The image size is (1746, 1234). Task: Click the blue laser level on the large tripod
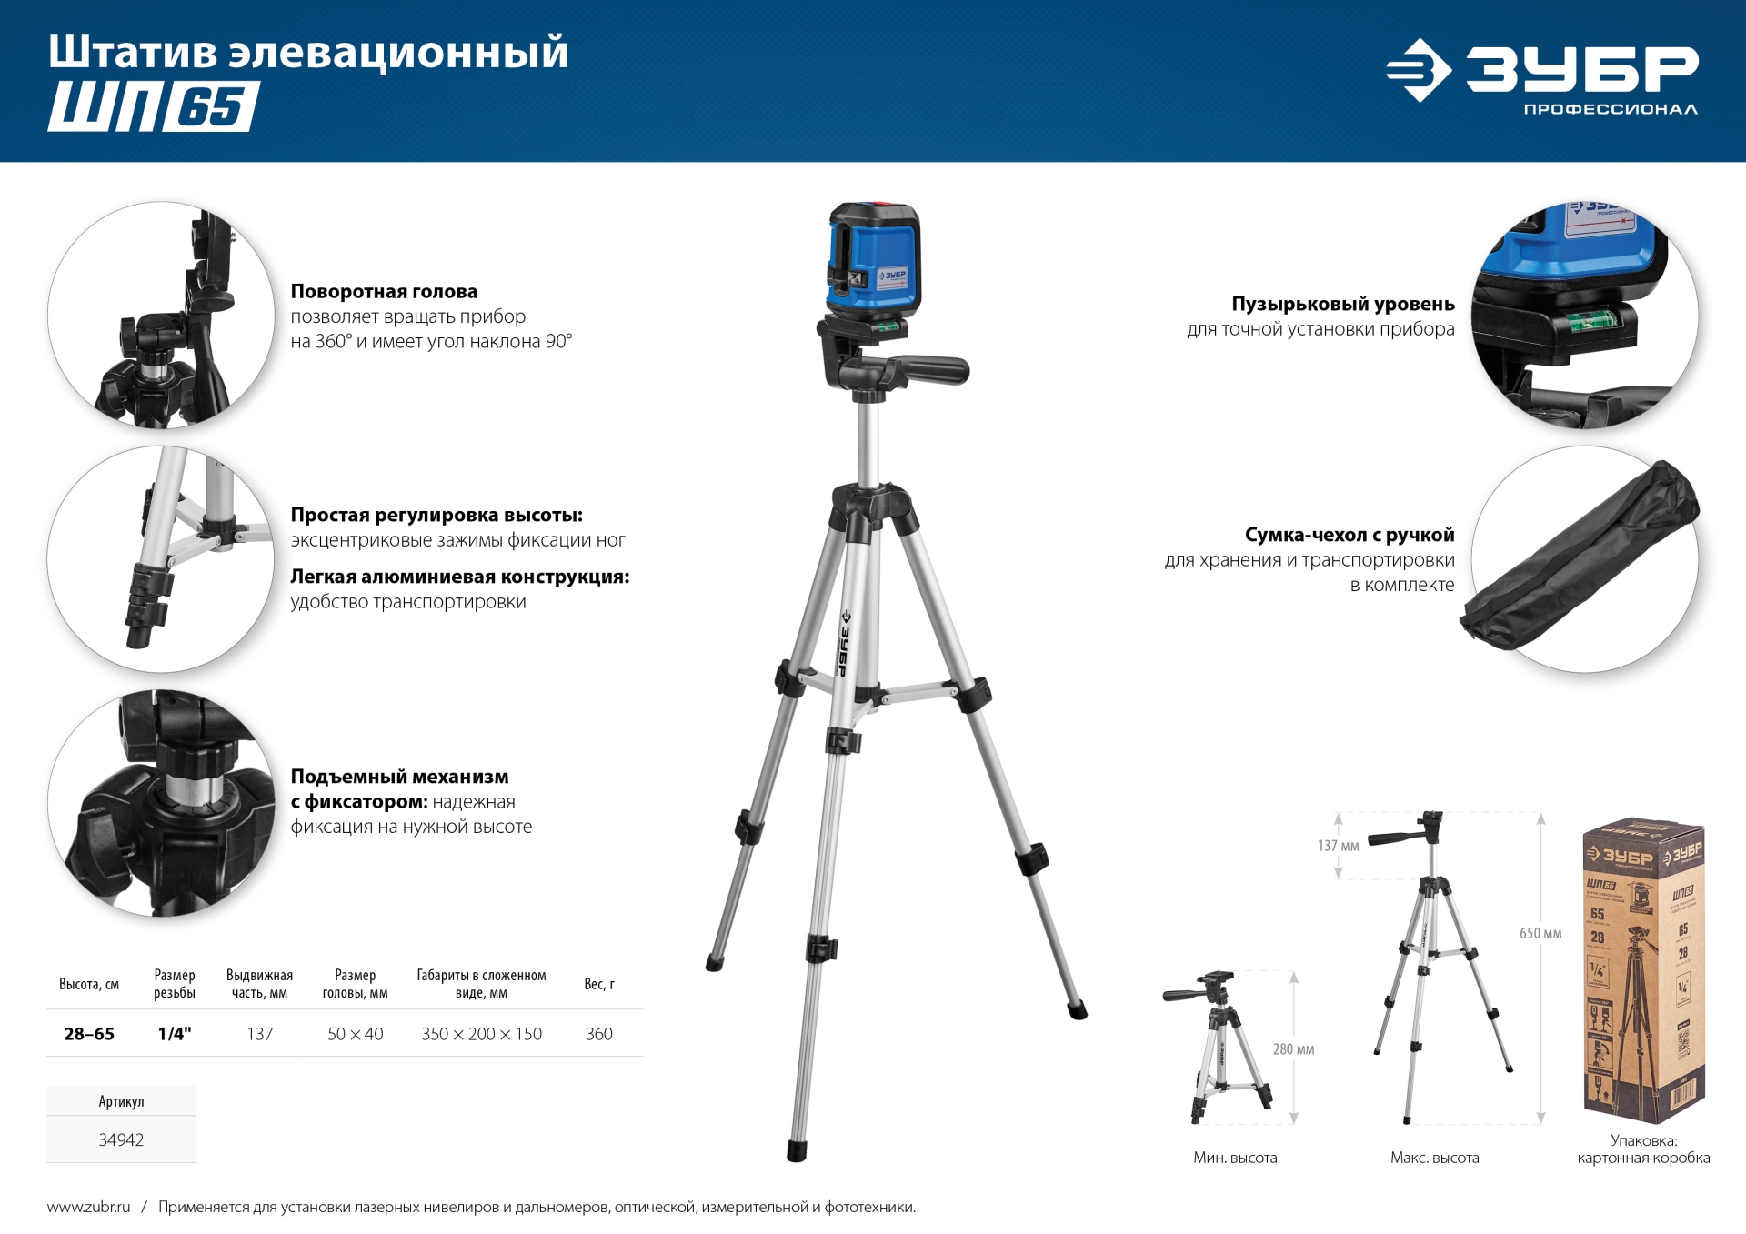tap(873, 259)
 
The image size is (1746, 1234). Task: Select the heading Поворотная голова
tap(384, 292)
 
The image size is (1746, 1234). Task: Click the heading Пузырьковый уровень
tap(1342, 304)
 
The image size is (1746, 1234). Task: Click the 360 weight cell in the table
tap(598, 1034)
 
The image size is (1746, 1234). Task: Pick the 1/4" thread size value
tap(175, 1034)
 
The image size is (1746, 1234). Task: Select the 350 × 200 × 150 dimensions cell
tap(481, 1034)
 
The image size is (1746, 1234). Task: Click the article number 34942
tap(121, 1139)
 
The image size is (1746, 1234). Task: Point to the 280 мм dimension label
tap(1293, 1049)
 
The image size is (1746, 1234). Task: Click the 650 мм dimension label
tap(1540, 934)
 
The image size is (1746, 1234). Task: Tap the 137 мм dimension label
tap(1338, 846)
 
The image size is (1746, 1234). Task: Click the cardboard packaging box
tap(1642, 968)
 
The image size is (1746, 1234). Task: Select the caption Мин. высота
tap(1235, 1158)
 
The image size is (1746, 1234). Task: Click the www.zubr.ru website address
tap(88, 1207)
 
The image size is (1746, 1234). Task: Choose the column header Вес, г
tap(598, 984)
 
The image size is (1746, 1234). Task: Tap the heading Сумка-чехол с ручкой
tap(1349, 535)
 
